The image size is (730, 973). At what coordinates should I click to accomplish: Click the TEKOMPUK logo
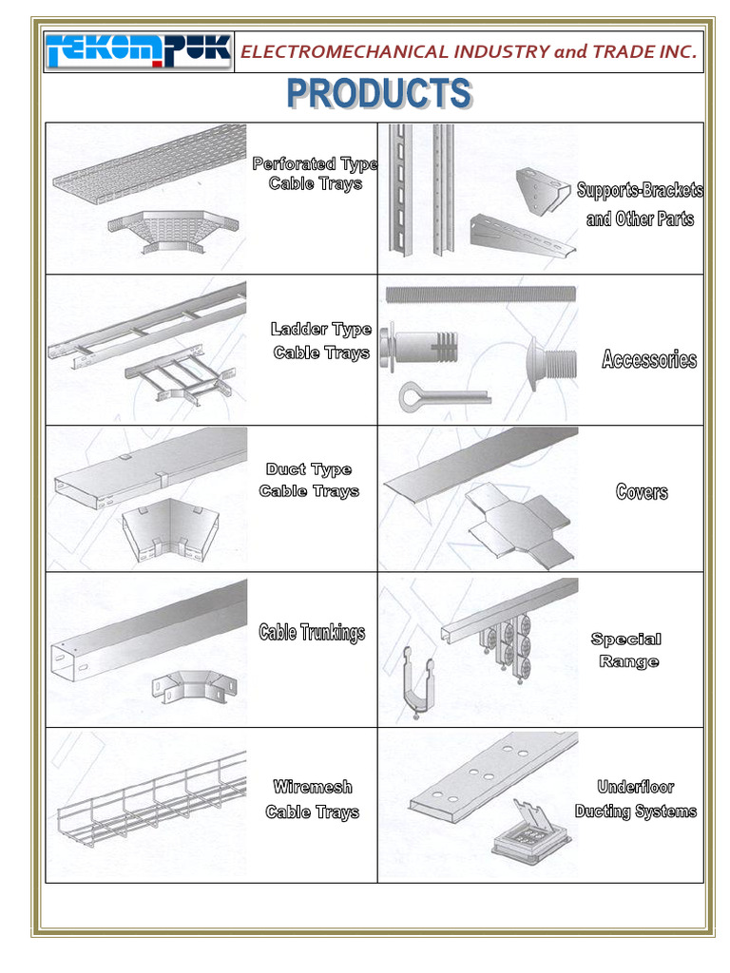point(139,51)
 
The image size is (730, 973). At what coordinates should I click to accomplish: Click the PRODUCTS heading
point(379,94)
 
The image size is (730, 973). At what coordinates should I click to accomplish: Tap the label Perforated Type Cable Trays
point(315,174)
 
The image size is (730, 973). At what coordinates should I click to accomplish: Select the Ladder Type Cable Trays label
point(321,341)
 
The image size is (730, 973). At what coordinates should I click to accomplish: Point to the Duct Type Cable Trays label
point(309,480)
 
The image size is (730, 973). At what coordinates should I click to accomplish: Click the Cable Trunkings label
point(312,633)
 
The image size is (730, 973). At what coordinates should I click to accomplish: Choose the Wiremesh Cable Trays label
point(312,799)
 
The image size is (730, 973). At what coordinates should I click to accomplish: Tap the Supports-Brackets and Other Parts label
point(640,204)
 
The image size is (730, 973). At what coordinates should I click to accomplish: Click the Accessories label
point(649,359)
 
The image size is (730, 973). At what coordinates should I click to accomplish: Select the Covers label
point(642,492)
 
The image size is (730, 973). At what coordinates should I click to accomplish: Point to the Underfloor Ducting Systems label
point(635,799)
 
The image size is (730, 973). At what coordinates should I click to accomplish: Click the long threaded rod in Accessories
point(480,293)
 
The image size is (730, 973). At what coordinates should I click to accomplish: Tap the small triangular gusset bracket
point(543,189)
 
